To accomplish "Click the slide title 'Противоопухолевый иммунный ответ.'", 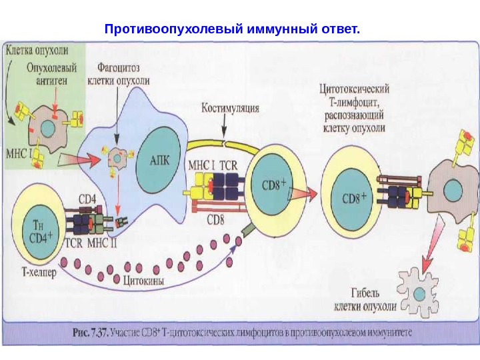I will tap(232, 30).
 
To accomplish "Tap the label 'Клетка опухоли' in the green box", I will tap(39, 50).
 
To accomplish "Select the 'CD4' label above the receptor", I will tap(88, 198).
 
